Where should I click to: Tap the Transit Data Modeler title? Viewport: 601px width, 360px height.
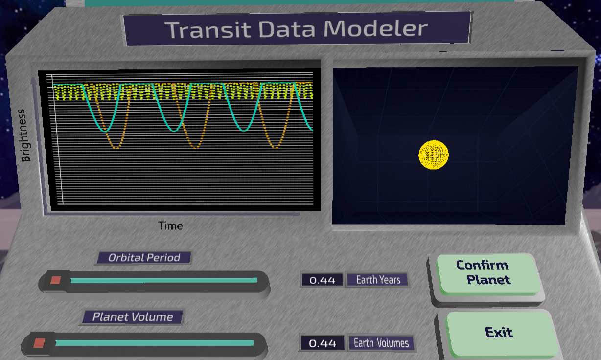pos(296,29)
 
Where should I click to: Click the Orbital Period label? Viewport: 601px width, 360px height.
pos(144,258)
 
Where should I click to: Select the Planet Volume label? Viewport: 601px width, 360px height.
pos(133,317)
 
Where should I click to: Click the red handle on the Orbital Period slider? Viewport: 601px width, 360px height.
pos(56,280)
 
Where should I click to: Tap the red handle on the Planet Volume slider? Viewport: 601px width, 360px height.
pos(39,343)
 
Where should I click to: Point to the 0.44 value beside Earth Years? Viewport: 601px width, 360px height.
pos(322,280)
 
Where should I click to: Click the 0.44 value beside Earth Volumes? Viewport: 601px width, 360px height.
pos(323,343)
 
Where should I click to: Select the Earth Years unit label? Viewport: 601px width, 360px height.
pos(378,280)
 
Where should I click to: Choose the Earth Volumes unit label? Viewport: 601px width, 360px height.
pos(381,343)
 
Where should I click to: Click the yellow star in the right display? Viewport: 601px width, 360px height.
pos(434,155)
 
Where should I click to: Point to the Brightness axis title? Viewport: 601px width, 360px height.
pos(25,135)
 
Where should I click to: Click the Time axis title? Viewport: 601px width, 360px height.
pos(170,225)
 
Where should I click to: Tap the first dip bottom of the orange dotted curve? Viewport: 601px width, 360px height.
pos(116,148)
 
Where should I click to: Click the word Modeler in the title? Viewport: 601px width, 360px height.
pos(376,28)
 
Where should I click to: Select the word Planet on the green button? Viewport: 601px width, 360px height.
pos(488,280)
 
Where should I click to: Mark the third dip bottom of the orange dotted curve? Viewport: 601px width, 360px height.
pos(275,147)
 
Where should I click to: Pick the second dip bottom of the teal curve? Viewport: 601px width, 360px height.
pos(174,131)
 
